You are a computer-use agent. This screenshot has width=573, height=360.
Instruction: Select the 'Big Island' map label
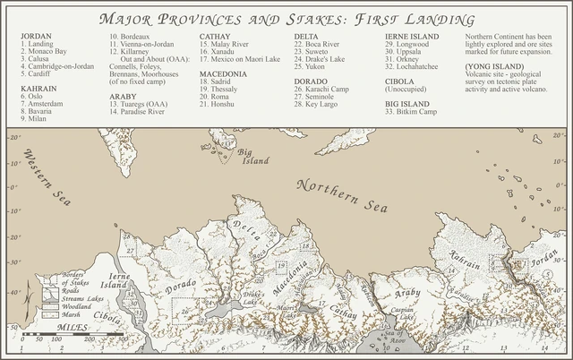pos(254,159)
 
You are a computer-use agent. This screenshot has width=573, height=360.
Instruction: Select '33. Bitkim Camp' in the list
pos(413,110)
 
